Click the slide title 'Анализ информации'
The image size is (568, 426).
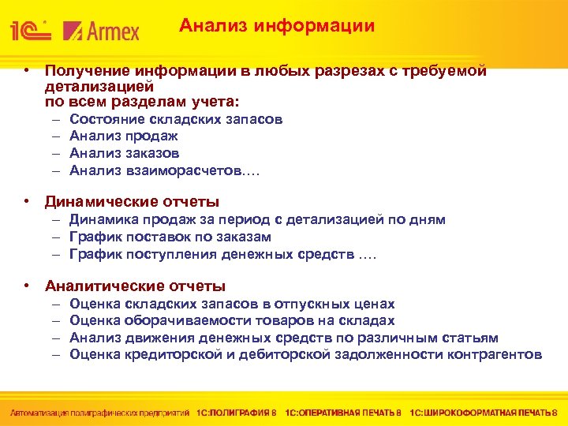pyautogui.click(x=276, y=26)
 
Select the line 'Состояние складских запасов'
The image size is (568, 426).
pyautogui.click(x=176, y=120)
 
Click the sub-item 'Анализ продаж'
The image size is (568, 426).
pyautogui.click(x=124, y=136)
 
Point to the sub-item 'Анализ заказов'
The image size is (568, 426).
pyautogui.click(x=125, y=153)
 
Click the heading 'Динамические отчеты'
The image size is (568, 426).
pyautogui.click(x=132, y=202)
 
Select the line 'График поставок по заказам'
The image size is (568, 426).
pyautogui.click(x=170, y=237)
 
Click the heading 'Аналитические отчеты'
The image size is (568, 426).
pyautogui.click(x=135, y=286)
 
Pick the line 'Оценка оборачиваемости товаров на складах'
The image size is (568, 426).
pyautogui.click(x=232, y=320)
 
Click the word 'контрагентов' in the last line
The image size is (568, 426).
pyautogui.click(x=495, y=354)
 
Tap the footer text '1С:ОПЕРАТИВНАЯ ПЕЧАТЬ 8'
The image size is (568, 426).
pyautogui.click(x=343, y=413)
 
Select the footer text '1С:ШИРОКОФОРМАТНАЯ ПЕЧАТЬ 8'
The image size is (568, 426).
pyautogui.click(x=484, y=413)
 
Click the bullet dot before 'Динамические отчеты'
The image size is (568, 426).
pyautogui.click(x=27, y=202)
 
